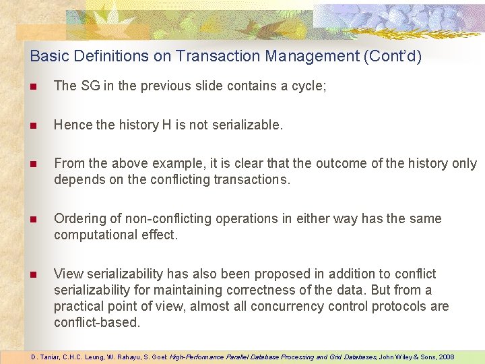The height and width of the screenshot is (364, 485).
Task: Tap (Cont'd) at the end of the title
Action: [392, 56]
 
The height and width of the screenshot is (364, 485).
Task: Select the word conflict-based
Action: [97, 322]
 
